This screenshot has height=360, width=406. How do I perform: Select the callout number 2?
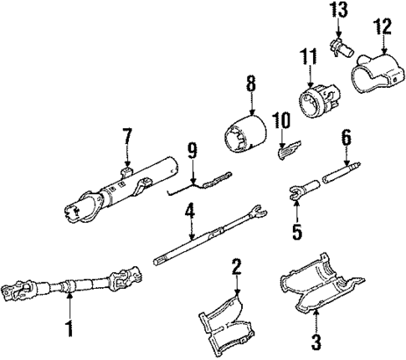(237, 267)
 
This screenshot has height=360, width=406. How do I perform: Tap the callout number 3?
(316, 341)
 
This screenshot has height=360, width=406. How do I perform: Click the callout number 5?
(296, 230)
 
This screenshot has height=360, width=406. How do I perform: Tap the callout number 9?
(192, 151)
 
